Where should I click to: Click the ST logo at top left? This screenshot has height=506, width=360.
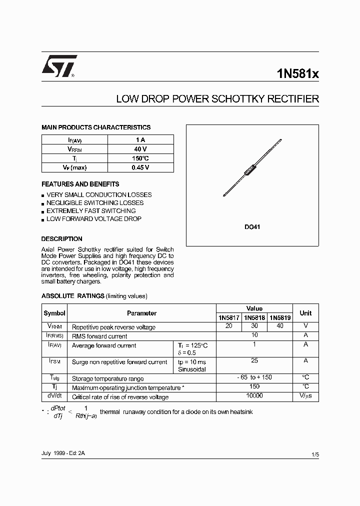[x=59, y=66]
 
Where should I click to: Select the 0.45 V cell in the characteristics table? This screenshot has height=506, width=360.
[x=140, y=167]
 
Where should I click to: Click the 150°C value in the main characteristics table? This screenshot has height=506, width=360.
[x=140, y=158]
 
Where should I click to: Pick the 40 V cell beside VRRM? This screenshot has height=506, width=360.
[x=140, y=149]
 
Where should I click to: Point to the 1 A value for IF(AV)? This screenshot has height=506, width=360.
[x=140, y=140]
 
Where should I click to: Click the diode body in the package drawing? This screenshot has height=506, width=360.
[x=250, y=170]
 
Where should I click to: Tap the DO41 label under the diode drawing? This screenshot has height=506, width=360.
[x=252, y=227]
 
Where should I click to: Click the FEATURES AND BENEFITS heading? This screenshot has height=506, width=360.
[x=80, y=184]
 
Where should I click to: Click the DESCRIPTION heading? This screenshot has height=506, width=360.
[x=61, y=238]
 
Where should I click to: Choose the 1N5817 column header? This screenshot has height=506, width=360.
[x=229, y=317]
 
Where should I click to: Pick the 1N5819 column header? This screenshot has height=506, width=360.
[x=280, y=317]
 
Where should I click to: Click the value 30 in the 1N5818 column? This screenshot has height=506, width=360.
[x=254, y=326]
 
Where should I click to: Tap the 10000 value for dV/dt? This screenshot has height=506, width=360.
[x=254, y=396]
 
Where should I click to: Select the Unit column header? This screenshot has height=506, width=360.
[x=305, y=313]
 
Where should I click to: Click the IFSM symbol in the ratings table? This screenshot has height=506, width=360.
[x=54, y=361]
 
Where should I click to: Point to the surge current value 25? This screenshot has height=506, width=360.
[x=254, y=360]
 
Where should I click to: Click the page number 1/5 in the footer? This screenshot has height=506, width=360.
[x=314, y=454]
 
